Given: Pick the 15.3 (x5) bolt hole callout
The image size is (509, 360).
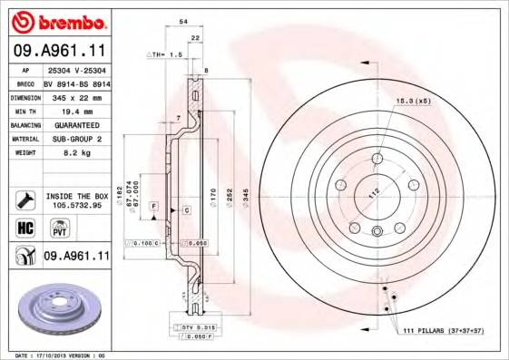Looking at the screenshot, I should coord(414,102).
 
